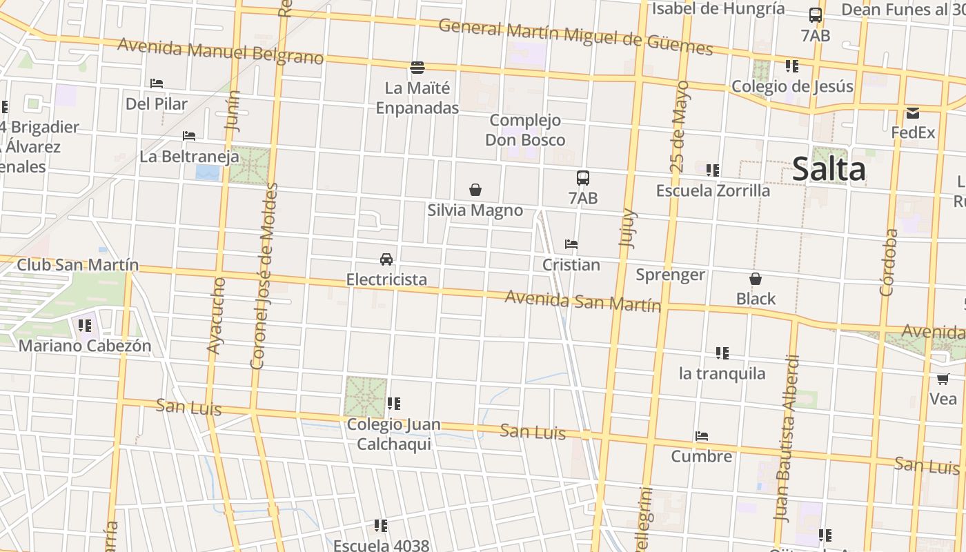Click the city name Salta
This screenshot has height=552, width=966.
pyautogui.click(x=829, y=170)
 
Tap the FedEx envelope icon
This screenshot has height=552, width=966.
pyautogui.click(x=913, y=114)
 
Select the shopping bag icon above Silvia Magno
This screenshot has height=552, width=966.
pyautogui.click(x=475, y=190)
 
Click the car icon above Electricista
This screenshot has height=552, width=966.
pyautogui.click(x=386, y=259)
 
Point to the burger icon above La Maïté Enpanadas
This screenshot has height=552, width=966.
pyautogui.click(x=417, y=68)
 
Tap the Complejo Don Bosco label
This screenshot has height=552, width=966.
pyautogui.click(x=525, y=130)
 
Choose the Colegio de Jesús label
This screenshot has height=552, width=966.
pyautogui.click(x=792, y=87)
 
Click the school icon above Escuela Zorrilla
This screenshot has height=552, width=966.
pyautogui.click(x=713, y=170)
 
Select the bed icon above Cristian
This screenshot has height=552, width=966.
pyautogui.click(x=571, y=244)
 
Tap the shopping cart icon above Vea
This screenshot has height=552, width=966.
pyautogui.click(x=943, y=379)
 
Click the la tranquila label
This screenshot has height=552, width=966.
pyautogui.click(x=722, y=374)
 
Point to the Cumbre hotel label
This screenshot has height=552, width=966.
pyautogui.click(x=702, y=457)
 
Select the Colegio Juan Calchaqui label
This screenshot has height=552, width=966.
pyautogui.click(x=393, y=434)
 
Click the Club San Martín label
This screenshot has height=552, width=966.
pyautogui.click(x=77, y=265)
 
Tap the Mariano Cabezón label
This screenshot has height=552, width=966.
pyautogui.click(x=85, y=346)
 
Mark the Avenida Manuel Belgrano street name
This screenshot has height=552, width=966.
pyautogui.click(x=220, y=52)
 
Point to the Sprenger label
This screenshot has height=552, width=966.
pyautogui.click(x=670, y=275)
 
